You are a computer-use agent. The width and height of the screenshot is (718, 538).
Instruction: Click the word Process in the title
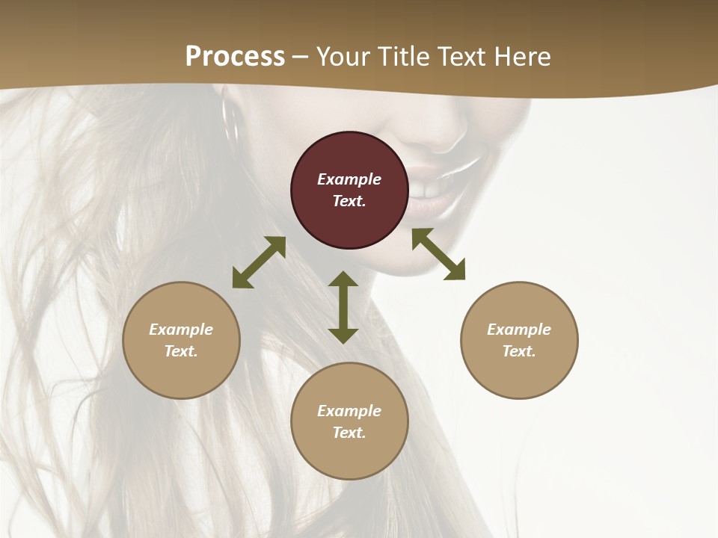235,57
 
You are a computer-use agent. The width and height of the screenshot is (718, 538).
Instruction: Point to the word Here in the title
521,57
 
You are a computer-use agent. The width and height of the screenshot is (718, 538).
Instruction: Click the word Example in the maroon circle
349,179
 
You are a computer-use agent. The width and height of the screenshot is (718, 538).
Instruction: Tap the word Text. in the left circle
181,351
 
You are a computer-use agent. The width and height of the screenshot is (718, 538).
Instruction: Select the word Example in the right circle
519,330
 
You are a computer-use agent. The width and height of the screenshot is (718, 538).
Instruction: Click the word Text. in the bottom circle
349,433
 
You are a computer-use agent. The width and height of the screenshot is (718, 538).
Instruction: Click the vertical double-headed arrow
343,307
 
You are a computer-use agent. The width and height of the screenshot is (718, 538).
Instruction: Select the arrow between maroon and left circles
259,262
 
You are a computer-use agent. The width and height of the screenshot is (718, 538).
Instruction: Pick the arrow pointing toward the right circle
438,254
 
